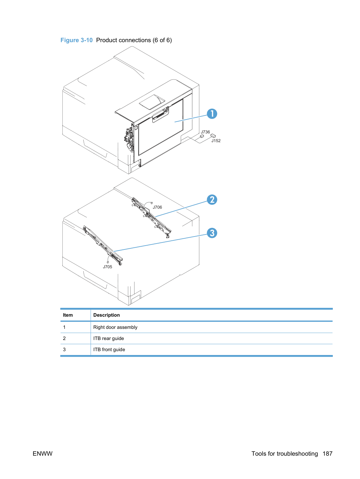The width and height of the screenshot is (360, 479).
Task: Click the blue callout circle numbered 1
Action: (x=212, y=114)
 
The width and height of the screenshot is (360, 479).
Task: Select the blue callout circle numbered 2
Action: (x=212, y=200)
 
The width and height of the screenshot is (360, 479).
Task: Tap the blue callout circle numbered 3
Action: (x=212, y=233)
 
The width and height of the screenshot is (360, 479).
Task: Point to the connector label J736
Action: (x=205, y=132)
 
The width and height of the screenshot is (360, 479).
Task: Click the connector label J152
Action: (x=216, y=141)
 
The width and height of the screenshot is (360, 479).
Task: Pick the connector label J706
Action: (x=157, y=207)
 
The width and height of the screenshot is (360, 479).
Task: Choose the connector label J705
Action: (x=107, y=266)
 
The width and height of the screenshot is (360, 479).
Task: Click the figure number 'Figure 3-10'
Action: (x=76, y=40)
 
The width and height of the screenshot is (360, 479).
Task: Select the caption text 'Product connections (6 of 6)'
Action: (x=134, y=40)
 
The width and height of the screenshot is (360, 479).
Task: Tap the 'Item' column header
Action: (x=68, y=315)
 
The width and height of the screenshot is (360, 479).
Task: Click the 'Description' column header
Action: (x=106, y=315)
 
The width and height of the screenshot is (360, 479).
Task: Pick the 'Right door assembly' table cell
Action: (x=115, y=327)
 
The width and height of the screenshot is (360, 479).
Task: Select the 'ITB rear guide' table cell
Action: (x=108, y=338)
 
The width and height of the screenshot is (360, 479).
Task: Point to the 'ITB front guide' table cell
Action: (x=109, y=349)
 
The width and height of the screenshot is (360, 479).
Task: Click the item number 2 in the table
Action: (x=64, y=338)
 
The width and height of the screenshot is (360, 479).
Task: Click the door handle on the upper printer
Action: (x=160, y=114)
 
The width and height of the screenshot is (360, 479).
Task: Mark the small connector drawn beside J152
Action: (x=213, y=136)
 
